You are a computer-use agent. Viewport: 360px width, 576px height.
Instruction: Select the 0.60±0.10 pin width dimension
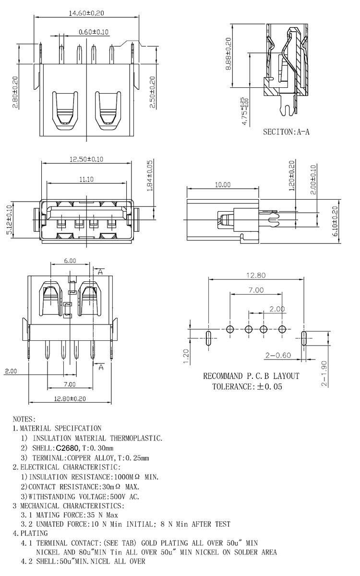[x=94, y=32]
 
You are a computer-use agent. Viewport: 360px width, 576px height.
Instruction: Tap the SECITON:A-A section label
[x=286, y=131]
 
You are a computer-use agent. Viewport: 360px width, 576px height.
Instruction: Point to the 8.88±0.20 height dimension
[x=228, y=54]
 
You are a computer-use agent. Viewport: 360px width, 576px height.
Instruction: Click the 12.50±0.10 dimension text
[x=86, y=159]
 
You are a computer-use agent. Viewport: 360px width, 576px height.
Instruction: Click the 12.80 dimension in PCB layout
[x=256, y=275]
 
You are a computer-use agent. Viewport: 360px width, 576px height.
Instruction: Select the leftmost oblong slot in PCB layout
[x=208, y=337]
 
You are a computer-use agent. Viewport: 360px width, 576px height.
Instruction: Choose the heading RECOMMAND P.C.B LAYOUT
[x=251, y=376]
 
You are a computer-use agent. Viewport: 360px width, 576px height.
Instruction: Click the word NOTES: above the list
[x=24, y=419]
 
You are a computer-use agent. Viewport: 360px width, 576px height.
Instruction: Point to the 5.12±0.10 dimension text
[x=8, y=220]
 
